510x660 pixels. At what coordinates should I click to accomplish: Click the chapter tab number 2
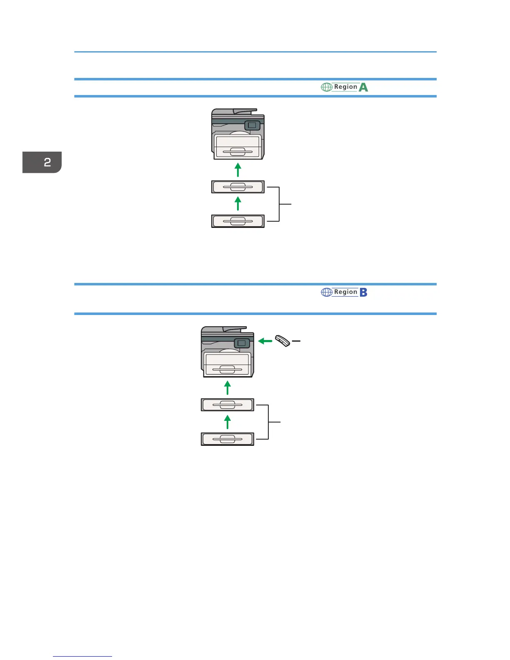(47, 162)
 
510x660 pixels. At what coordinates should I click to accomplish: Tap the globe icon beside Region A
(327, 87)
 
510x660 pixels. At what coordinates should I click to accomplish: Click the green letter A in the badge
(363, 87)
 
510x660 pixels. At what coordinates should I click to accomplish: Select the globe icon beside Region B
(327, 292)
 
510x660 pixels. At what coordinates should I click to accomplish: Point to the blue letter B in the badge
(363, 292)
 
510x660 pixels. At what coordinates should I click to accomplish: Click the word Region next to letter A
(345, 87)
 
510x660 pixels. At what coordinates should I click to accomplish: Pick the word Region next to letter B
(345, 292)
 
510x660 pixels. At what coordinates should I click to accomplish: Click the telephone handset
(282, 341)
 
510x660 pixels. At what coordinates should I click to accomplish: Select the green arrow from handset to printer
(265, 341)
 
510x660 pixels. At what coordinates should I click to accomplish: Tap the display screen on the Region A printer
(252, 125)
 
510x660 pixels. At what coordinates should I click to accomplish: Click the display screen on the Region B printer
(242, 343)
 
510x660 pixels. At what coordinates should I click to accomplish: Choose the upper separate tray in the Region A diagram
(238, 187)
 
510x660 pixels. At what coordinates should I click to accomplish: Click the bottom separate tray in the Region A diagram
(238, 221)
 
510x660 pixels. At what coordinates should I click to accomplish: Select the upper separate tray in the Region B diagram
(227, 405)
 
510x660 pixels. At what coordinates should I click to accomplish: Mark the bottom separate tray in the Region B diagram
(227, 439)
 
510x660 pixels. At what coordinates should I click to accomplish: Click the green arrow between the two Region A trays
(238, 204)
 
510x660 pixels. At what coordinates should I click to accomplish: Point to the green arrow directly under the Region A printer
(238, 170)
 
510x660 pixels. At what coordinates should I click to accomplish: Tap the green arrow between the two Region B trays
(227, 422)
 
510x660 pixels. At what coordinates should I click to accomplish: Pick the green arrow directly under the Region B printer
(227, 387)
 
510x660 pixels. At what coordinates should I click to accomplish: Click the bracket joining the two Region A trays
(279, 204)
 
